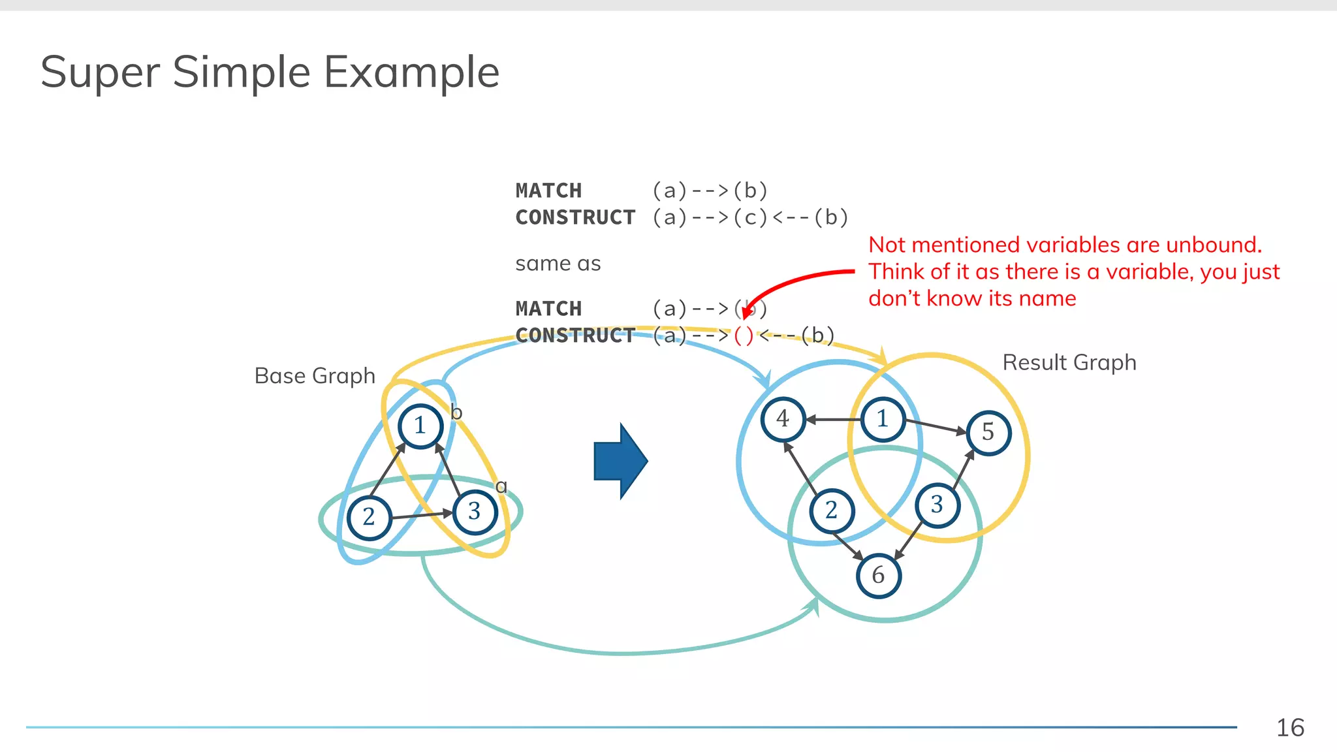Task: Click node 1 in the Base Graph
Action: coord(420,426)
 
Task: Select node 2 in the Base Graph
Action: coord(370,517)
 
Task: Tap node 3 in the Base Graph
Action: coord(475,511)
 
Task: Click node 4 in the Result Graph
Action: coord(783,418)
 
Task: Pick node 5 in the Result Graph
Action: coord(988,432)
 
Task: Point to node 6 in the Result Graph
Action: coord(878,575)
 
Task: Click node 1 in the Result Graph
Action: coord(883,419)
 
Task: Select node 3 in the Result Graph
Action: coord(937,505)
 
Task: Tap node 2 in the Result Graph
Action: coord(831,510)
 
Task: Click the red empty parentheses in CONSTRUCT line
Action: coord(744,336)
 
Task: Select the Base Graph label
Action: coord(315,376)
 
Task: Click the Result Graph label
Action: coord(1069,362)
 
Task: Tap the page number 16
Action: coord(1290,728)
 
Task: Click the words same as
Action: coord(558,264)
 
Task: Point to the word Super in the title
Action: coord(99,72)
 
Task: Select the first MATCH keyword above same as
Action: coord(548,191)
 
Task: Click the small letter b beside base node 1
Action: coord(456,413)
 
